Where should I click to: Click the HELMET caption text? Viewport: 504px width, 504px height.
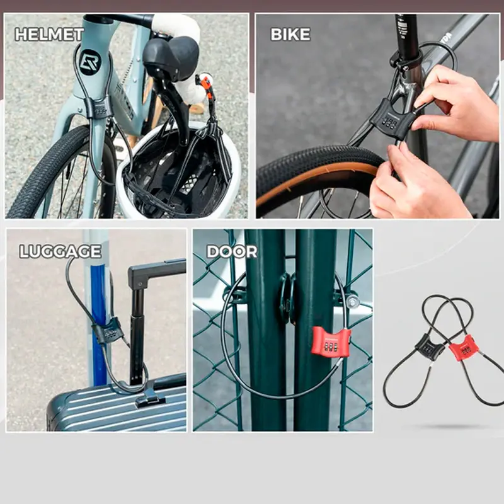49,35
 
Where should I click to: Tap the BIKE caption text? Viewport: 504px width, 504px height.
290,35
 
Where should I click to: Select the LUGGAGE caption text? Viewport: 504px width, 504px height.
60,251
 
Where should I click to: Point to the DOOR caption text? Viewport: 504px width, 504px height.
232,251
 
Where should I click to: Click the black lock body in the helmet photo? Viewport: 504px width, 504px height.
99,108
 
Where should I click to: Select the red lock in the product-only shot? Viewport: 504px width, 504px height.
462,348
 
